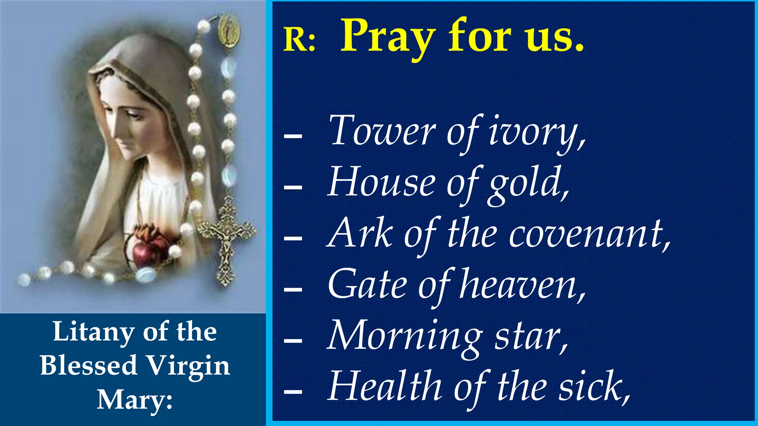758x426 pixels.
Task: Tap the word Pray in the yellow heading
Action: [387, 37]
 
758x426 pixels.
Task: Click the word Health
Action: [385, 386]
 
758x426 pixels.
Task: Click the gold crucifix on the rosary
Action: [226, 241]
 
